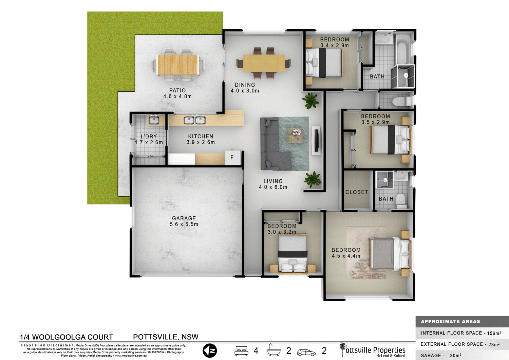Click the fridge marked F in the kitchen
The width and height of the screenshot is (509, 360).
(x=232, y=158)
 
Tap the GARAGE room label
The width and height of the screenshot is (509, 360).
(x=184, y=218)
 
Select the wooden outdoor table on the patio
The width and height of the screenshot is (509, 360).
(x=178, y=65)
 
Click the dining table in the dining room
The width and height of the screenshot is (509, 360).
(x=264, y=63)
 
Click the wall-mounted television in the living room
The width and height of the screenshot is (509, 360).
(x=317, y=141)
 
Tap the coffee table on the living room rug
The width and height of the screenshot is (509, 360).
(x=295, y=134)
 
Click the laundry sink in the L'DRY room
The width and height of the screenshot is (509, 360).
(x=154, y=120)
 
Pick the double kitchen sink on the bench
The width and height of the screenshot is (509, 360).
(x=195, y=120)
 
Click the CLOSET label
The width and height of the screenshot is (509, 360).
(x=357, y=192)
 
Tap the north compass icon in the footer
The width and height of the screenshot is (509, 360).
(x=210, y=351)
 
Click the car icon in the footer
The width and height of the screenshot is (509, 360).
(x=306, y=353)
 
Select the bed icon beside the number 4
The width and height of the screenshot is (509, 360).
(x=241, y=351)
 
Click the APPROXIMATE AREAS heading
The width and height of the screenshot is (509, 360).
(x=450, y=322)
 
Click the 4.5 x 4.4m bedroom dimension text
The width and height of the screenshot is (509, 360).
(x=346, y=256)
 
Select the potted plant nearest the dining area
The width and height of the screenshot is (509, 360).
(x=310, y=101)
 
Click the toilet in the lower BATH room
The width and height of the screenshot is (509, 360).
(x=401, y=200)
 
